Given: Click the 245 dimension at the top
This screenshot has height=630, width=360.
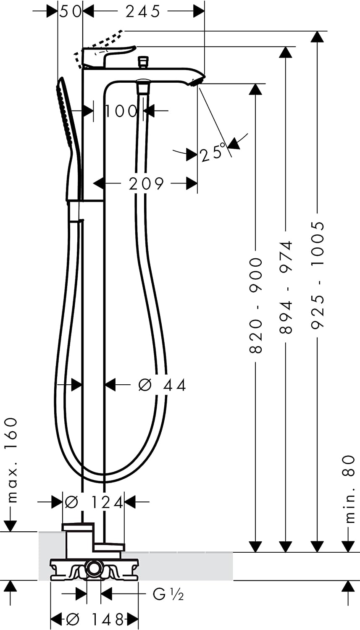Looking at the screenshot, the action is coord(143,12).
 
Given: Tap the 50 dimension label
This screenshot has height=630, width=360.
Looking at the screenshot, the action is coord(70,12).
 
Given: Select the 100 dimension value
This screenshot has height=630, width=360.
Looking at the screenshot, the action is coord(121,111).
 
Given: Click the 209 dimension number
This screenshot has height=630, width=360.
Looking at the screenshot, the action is coord(146,184).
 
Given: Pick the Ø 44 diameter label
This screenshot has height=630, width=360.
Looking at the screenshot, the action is coord(162,385).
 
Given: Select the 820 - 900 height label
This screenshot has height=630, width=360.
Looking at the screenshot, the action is coord(256,306).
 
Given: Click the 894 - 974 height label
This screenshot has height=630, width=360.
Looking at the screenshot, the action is coord(286,287).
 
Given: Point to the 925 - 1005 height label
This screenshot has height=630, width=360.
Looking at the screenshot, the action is coord(318,275).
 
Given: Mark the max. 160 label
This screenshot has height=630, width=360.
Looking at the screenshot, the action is coord(12,460).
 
